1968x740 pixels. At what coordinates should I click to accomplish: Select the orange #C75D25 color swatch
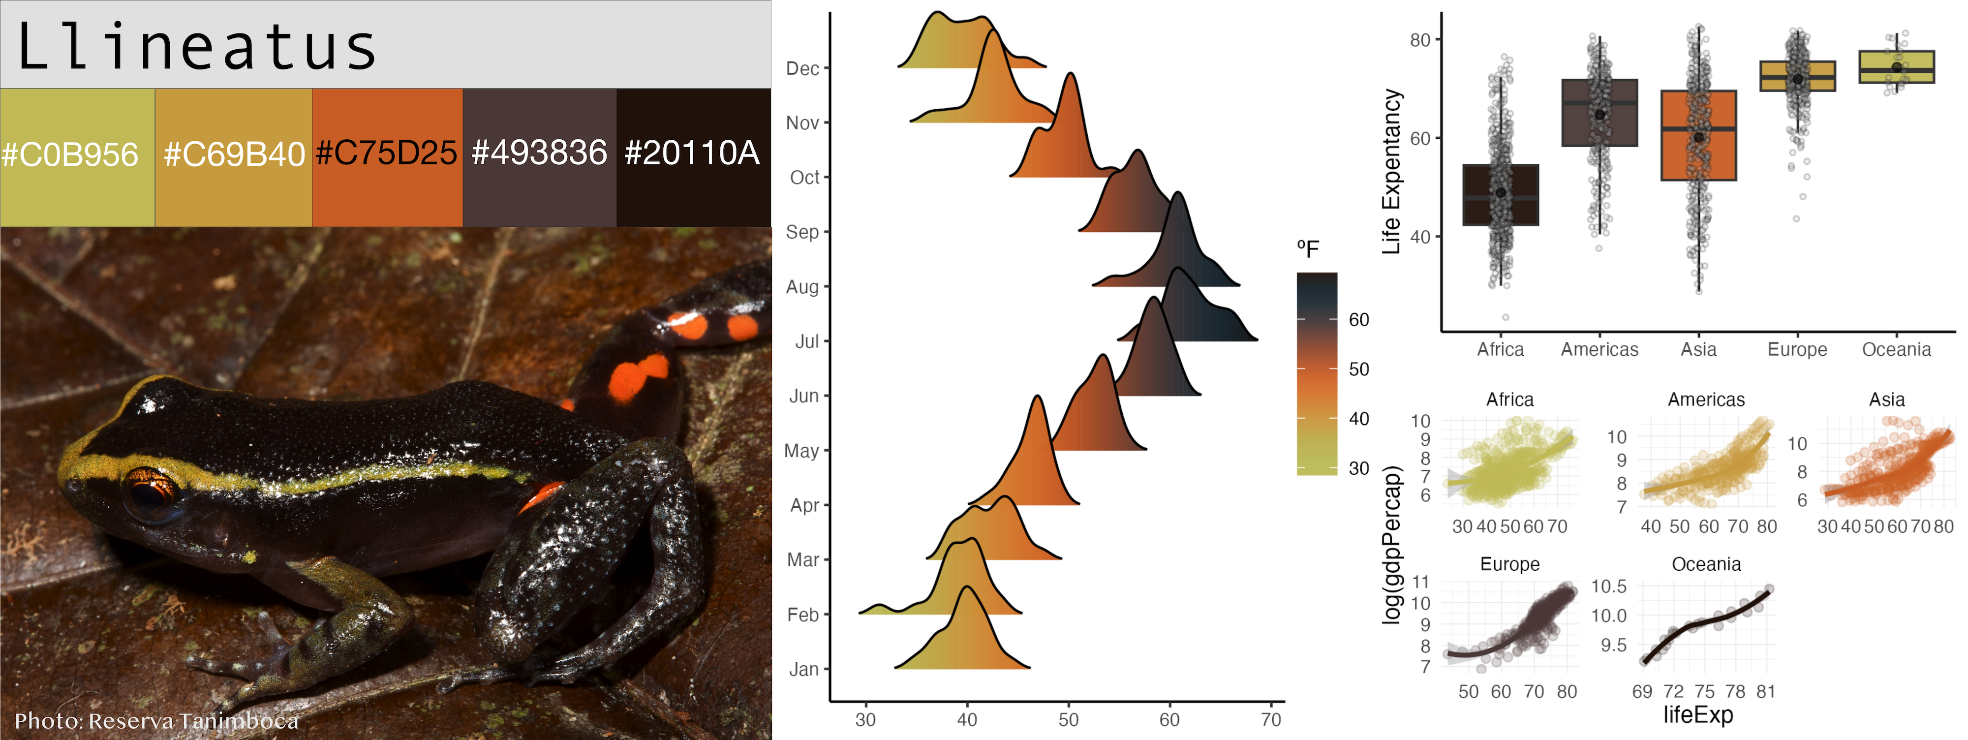point(387,156)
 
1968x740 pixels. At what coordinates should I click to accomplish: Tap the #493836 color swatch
point(539,156)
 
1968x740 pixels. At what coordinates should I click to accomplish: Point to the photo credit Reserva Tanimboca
point(156,720)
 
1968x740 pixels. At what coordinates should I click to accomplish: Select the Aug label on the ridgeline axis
point(802,287)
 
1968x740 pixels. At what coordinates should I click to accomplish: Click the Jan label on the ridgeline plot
point(804,670)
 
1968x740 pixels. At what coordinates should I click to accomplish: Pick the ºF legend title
point(1308,249)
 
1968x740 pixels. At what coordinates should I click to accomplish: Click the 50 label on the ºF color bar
point(1359,370)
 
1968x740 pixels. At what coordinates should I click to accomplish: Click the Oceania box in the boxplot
point(1896,67)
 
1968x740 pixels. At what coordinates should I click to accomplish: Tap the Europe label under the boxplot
point(1797,350)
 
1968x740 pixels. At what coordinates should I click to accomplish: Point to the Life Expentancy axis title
point(1392,172)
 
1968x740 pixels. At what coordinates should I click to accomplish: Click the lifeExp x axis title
point(1697,715)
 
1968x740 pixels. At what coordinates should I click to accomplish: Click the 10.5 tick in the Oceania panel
point(1608,586)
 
